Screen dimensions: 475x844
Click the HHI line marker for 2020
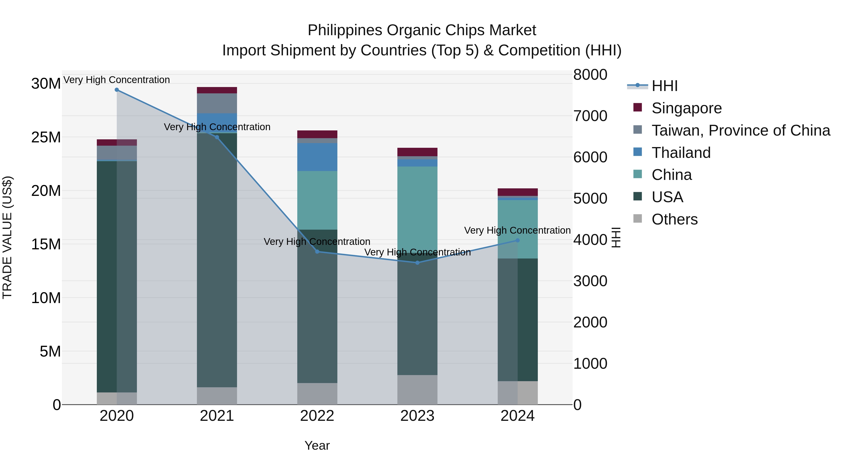pyautogui.click(x=117, y=90)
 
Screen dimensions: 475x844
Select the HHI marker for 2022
pyautogui.click(x=317, y=252)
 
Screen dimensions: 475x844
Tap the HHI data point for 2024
pyautogui.click(x=518, y=240)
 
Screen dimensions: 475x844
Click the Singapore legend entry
pyautogui.click(x=686, y=108)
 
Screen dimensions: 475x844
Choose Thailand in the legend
pyautogui.click(x=681, y=153)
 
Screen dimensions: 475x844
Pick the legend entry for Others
pyautogui.click(x=674, y=219)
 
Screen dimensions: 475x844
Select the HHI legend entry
pyautogui.click(x=664, y=86)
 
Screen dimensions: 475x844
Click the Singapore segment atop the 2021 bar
pyautogui.click(x=217, y=90)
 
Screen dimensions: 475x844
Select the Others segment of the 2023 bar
pyautogui.click(x=417, y=390)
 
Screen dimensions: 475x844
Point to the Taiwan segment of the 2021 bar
pyautogui.click(x=217, y=103)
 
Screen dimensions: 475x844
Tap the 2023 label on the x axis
pyautogui.click(x=417, y=416)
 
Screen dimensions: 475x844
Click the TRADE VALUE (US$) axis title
pyautogui.click(x=7, y=237)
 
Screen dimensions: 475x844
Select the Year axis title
pyautogui.click(x=317, y=445)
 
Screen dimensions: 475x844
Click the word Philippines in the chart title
pyautogui.click(x=345, y=30)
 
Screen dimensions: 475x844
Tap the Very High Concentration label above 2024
pyautogui.click(x=517, y=230)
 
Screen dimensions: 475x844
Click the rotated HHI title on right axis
pyautogui.click(x=616, y=237)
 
